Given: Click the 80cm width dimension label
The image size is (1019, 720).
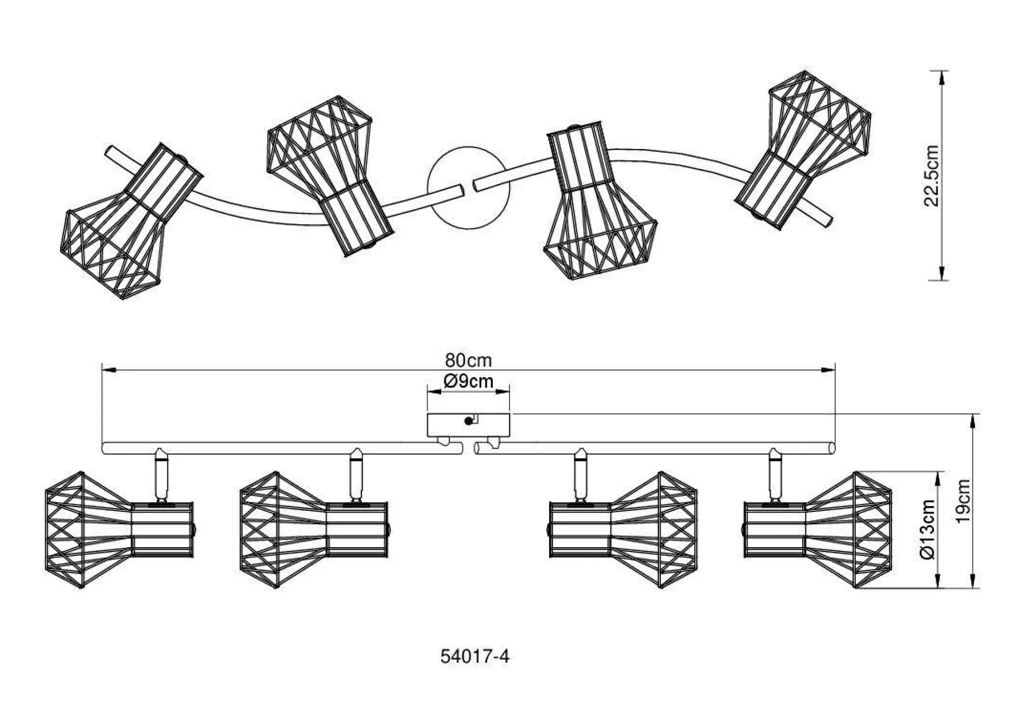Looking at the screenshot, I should click(468, 360).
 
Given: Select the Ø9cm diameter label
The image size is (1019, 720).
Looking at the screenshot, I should click(468, 381).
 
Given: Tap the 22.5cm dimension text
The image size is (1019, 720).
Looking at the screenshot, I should click(931, 176).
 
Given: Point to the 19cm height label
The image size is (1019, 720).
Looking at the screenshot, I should click(963, 501).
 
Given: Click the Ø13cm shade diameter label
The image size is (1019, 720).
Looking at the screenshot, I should click(927, 529).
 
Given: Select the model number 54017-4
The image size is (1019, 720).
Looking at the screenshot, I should click(475, 657).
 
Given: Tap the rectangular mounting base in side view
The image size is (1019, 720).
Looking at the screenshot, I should click(468, 425).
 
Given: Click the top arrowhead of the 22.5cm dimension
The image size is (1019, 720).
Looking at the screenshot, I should click(941, 76).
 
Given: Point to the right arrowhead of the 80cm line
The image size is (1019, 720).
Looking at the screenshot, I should click(829, 370).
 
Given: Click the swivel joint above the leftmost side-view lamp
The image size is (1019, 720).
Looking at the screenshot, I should click(161, 475).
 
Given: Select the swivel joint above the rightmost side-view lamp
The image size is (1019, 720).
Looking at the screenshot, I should click(775, 475).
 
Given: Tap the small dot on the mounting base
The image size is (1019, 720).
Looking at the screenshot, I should click(468, 421).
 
